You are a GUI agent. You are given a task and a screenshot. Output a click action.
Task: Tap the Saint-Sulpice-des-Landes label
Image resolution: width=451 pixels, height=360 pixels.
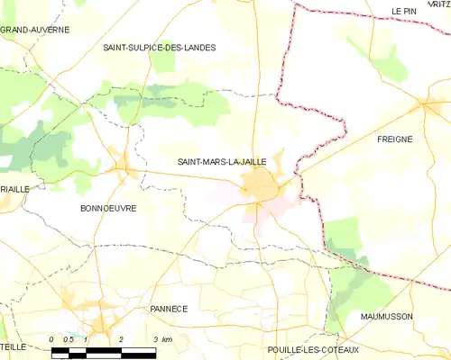pos(159,48)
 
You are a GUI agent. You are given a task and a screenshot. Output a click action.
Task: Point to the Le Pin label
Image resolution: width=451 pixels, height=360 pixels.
pos(402,11)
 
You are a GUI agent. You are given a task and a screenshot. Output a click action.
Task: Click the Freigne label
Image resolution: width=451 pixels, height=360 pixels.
pos(394,139)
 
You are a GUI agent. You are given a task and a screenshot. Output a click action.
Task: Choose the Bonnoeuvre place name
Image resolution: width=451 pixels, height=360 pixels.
pos(108,208)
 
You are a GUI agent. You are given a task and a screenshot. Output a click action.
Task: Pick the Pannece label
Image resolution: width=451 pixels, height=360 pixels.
pos(168,309)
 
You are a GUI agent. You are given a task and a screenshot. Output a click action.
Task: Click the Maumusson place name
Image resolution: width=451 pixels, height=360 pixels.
pos(411,317)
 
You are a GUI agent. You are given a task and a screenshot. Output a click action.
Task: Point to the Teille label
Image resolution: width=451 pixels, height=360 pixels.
pos(13,346)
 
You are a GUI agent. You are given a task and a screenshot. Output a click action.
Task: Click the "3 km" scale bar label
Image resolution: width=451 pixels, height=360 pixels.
pos(161,338)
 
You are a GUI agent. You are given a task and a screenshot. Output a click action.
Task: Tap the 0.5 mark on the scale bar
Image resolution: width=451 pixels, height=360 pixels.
pos(69,338)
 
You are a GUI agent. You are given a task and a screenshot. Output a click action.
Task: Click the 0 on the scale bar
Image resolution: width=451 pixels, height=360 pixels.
pos(52,338)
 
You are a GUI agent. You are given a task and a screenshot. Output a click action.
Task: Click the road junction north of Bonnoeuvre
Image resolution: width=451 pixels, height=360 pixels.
pos(124,166)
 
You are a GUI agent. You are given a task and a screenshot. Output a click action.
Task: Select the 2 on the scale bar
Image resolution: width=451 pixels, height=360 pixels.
pos(120,338)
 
